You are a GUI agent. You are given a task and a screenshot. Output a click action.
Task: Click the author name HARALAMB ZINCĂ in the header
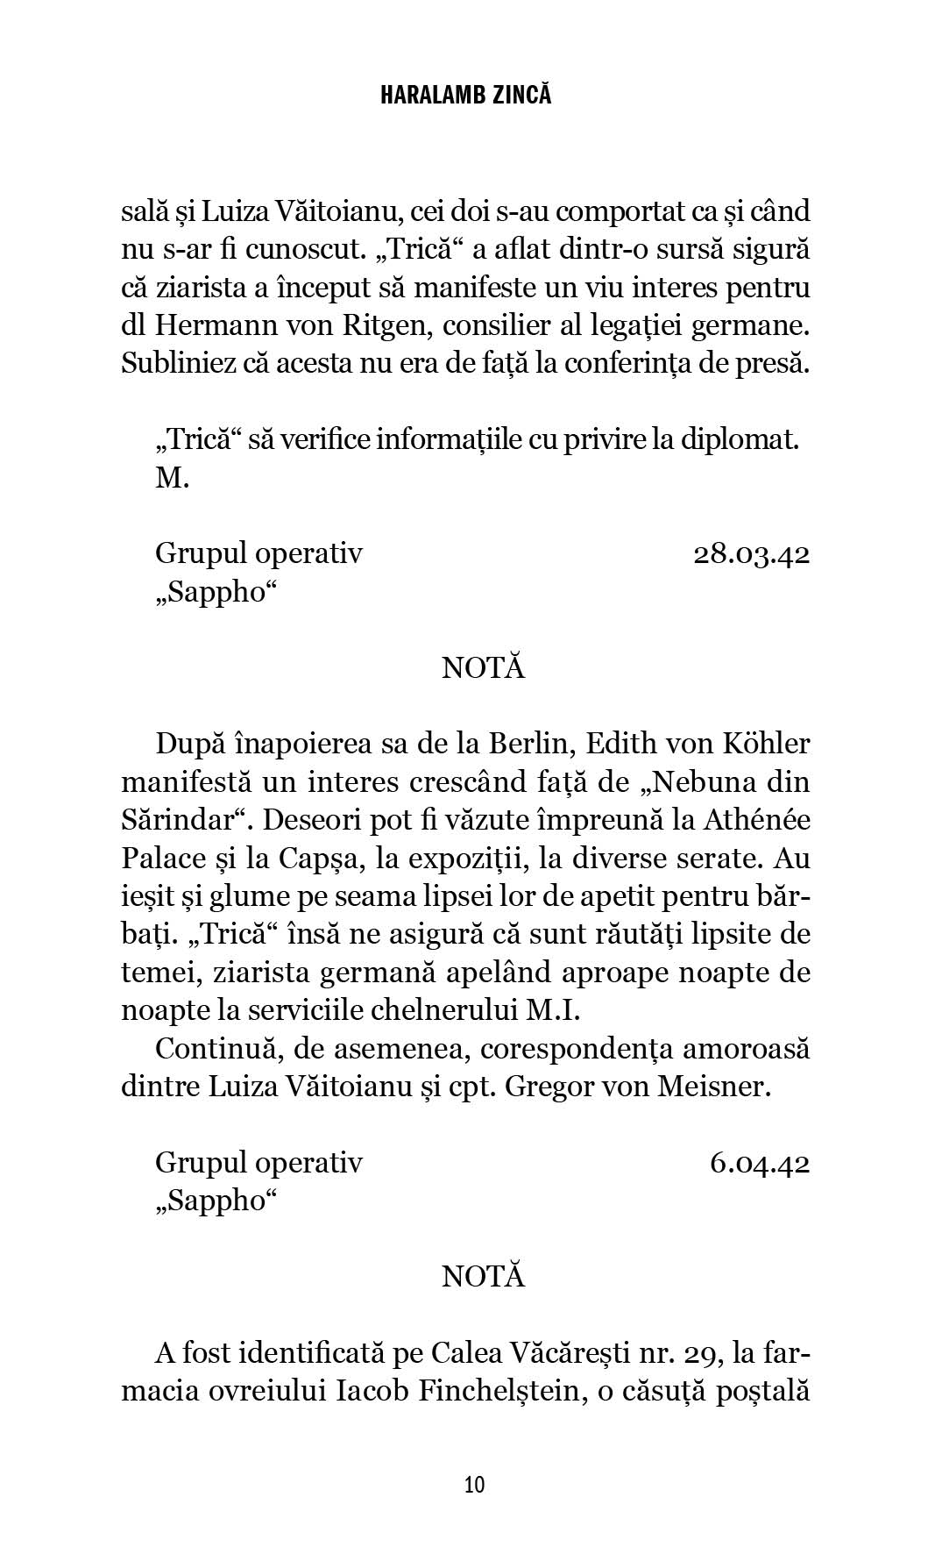coord(466,96)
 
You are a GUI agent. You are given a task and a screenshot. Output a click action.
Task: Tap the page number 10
coord(474,1484)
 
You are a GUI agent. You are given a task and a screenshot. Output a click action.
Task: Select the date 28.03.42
coord(751,554)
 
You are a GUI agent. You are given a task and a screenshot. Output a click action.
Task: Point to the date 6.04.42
coord(759,1163)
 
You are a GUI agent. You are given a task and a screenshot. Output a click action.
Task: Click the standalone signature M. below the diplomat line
coord(173,479)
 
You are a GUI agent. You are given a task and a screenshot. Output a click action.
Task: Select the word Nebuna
coord(700,782)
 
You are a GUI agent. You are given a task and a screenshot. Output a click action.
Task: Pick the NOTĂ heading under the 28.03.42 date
coord(483,668)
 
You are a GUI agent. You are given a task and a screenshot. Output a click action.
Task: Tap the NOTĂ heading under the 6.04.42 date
coord(483,1277)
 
